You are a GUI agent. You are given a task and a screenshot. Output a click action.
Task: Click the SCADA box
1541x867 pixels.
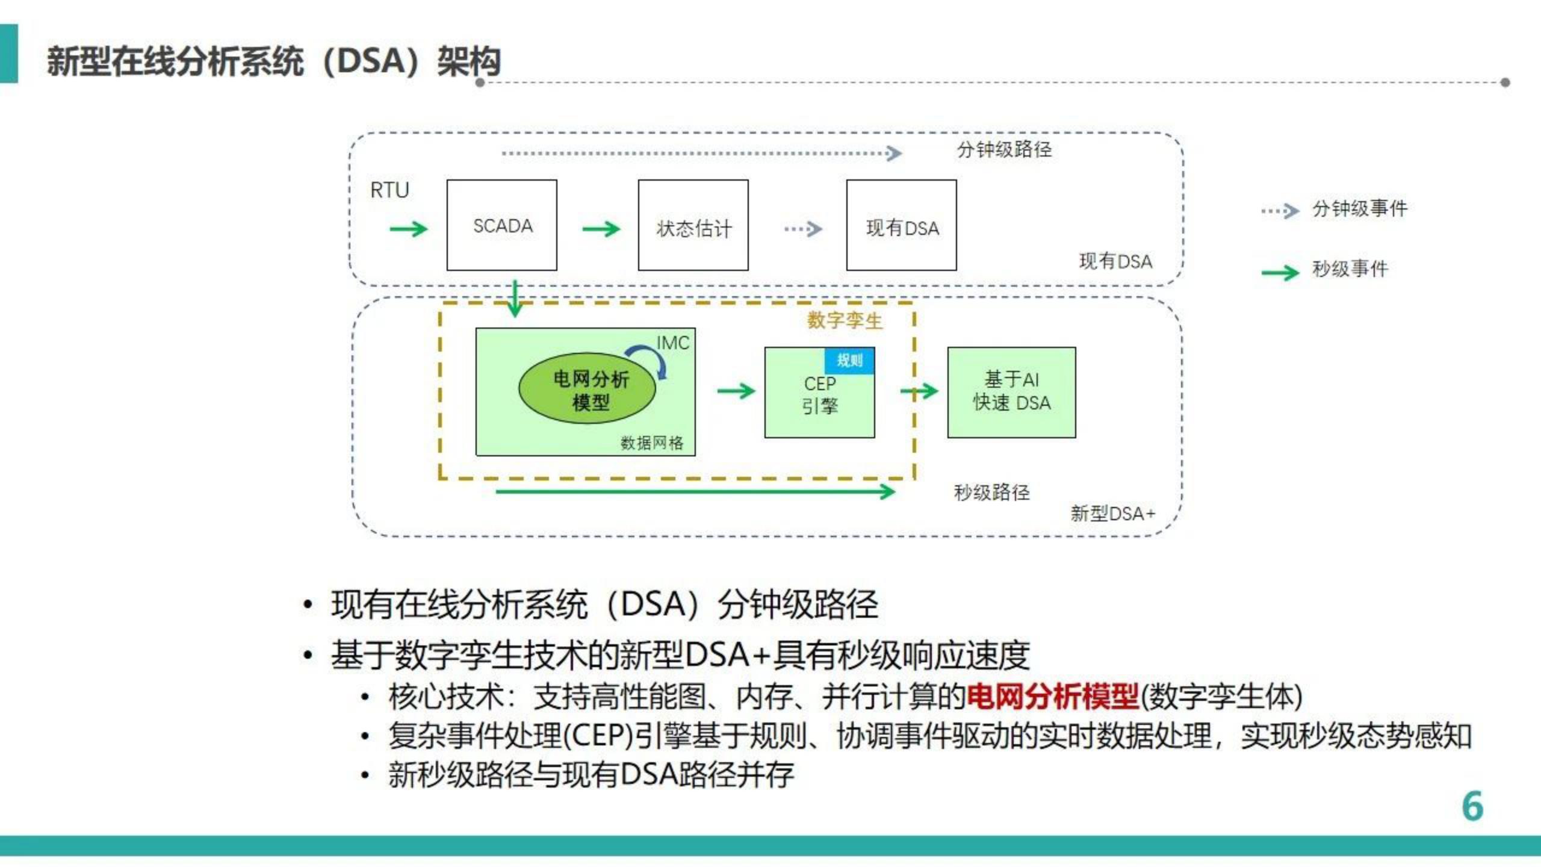pyautogui.click(x=501, y=225)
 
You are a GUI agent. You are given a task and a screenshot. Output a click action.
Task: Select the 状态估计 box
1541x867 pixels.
pyautogui.click(x=693, y=226)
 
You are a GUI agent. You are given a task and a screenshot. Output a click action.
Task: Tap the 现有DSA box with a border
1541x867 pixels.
pyautogui.click(x=901, y=226)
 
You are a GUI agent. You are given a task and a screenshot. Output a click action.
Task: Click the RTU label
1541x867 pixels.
pyautogui.click(x=389, y=190)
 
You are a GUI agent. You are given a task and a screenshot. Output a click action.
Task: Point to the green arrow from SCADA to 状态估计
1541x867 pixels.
pyautogui.click(x=601, y=229)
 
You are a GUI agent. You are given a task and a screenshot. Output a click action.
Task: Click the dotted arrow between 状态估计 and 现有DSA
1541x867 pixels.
pyautogui.click(x=803, y=229)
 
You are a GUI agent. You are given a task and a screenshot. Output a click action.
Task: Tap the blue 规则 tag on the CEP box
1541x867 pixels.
pyautogui.click(x=849, y=361)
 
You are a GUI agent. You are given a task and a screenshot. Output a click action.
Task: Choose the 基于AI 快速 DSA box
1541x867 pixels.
pyautogui.click(x=1011, y=392)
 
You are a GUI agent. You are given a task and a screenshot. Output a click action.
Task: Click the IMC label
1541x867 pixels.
pyautogui.click(x=672, y=343)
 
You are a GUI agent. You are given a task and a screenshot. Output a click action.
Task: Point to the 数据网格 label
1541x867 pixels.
pyautogui.click(x=651, y=443)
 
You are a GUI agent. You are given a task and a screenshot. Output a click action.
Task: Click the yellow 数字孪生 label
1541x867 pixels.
pyautogui.click(x=844, y=320)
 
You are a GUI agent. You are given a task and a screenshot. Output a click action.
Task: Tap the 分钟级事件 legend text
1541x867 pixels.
pyautogui.click(x=1359, y=209)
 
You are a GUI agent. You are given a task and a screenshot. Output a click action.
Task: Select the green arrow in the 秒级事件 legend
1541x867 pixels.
pyautogui.click(x=1280, y=273)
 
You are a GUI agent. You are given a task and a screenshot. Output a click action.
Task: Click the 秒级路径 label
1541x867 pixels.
pyautogui.click(x=991, y=493)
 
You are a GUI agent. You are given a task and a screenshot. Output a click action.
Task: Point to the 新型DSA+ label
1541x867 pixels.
pyautogui.click(x=1112, y=514)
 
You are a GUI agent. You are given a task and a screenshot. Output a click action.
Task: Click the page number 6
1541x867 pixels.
pyautogui.click(x=1472, y=806)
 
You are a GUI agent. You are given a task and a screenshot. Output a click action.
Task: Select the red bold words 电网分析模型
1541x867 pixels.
pyautogui.click(x=1052, y=697)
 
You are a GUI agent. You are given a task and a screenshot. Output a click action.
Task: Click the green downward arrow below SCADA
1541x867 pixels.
pyautogui.click(x=515, y=299)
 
